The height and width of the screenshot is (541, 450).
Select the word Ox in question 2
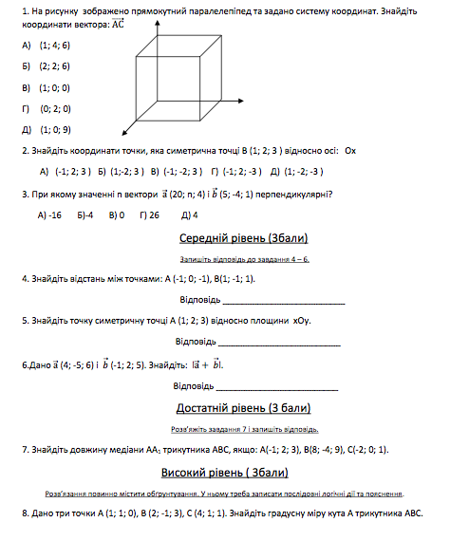click(350, 151)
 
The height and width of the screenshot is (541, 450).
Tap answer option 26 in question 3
click(148, 215)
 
